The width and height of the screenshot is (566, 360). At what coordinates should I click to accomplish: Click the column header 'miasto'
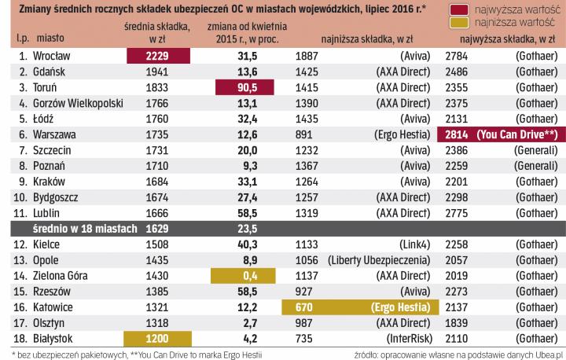coord(50,39)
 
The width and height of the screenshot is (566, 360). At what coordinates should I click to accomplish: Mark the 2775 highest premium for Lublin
coord(457,212)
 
